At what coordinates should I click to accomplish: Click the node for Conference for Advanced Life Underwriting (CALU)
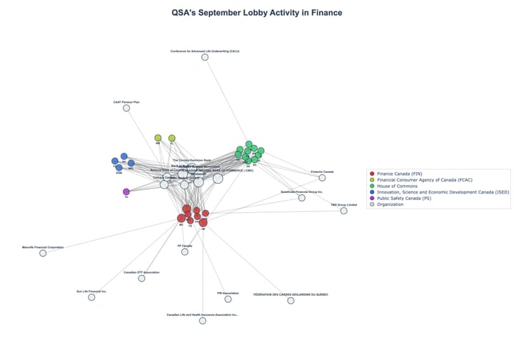(x=205, y=57)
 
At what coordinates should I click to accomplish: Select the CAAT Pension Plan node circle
(x=126, y=108)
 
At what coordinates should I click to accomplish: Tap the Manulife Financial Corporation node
(x=43, y=253)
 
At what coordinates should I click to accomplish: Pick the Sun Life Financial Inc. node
(x=91, y=297)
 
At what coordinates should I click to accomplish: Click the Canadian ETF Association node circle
(x=141, y=278)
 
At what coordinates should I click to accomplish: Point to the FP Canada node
(x=185, y=251)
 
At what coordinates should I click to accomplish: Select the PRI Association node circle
(x=228, y=299)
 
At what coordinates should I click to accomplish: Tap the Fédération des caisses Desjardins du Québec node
(x=291, y=301)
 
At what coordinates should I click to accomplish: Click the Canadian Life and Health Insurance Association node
(x=203, y=321)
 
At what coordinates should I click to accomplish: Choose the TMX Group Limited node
(x=343, y=211)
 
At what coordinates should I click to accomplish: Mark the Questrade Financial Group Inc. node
(x=302, y=198)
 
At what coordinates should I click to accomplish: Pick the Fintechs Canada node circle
(x=322, y=178)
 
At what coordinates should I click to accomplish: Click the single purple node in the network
(x=126, y=191)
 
